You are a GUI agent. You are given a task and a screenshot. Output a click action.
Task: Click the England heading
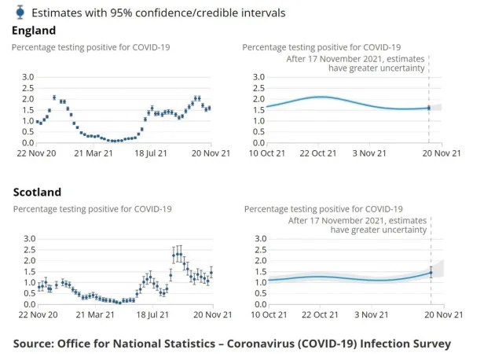pyautogui.click(x=34, y=30)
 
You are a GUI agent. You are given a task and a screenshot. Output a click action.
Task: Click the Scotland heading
pyautogui.click(x=36, y=192)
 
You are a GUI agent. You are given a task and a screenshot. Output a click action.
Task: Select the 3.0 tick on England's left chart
pyautogui.click(x=27, y=77)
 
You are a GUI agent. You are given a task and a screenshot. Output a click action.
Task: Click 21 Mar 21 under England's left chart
pyautogui.click(x=94, y=154)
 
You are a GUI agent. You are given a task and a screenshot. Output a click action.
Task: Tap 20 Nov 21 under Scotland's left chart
pyautogui.click(x=211, y=315)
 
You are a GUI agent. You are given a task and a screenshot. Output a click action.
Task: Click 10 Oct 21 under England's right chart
pyautogui.click(x=266, y=154)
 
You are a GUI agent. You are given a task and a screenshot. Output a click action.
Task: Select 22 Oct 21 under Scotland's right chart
pyautogui.click(x=319, y=315)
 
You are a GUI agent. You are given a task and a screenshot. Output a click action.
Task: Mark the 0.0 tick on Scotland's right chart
pyautogui.click(x=259, y=304)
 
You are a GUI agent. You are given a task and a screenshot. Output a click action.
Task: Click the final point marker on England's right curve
pyautogui.click(x=428, y=108)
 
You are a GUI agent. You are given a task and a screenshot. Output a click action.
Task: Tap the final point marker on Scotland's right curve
pyautogui.click(x=430, y=273)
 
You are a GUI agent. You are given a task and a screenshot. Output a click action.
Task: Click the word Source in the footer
pyautogui.click(x=37, y=343)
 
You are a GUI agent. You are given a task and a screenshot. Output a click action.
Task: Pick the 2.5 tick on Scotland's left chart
pyautogui.click(x=27, y=249)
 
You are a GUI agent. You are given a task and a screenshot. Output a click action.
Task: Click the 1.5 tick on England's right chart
pyautogui.click(x=258, y=110)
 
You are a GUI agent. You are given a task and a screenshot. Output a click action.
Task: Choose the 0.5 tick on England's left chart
pyautogui.click(x=27, y=132)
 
